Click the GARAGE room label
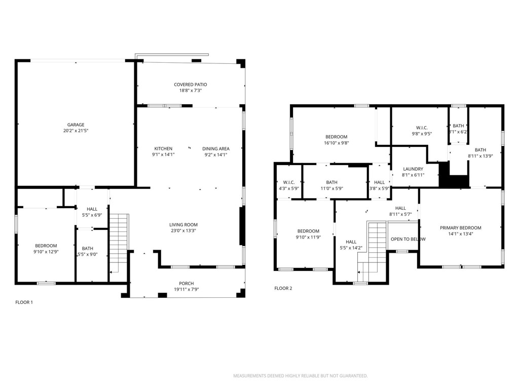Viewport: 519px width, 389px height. (76, 125)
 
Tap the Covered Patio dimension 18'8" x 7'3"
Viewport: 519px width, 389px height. (190, 91)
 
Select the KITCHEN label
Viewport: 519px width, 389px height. (163, 148)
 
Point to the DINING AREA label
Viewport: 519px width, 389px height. (216, 148)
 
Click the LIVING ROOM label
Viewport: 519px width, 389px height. (183, 224)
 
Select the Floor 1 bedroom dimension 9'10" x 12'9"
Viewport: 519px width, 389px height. (46, 252)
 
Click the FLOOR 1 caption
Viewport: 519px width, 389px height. (24, 302)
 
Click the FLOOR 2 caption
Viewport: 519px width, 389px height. (283, 288)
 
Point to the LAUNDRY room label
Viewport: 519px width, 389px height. (413, 169)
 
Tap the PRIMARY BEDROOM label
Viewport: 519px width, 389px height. (460, 228)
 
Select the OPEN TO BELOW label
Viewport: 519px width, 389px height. (408, 239)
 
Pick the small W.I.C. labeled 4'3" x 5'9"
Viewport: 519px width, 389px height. (289, 182)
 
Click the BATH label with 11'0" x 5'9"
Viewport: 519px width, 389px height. (332, 182)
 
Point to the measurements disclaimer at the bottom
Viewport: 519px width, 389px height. (300, 376)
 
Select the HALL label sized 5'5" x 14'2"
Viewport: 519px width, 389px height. (351, 242)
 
